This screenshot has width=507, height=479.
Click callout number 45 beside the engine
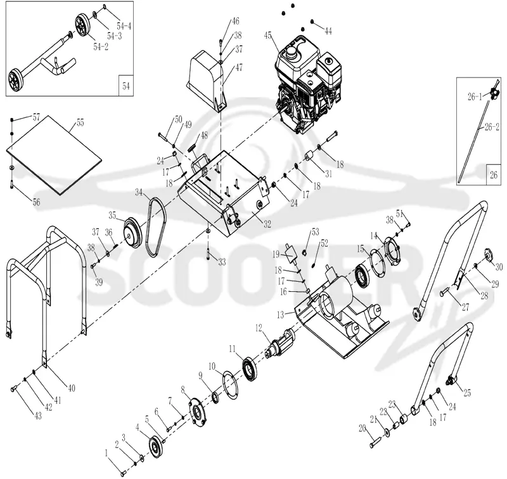point(267,35)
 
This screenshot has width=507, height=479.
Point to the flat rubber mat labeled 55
point(54,155)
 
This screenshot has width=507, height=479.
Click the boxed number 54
point(125,86)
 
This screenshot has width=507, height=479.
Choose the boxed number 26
point(494,174)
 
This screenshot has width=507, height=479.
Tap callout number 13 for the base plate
point(280,315)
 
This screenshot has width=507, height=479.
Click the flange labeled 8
point(196,412)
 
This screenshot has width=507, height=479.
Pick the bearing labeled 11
point(250,369)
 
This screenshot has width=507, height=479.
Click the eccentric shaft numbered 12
point(280,344)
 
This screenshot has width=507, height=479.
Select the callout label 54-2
point(101,46)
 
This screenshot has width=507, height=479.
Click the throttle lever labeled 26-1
point(493,93)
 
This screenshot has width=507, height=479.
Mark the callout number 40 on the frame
point(72,388)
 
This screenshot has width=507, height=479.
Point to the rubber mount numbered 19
point(291,254)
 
